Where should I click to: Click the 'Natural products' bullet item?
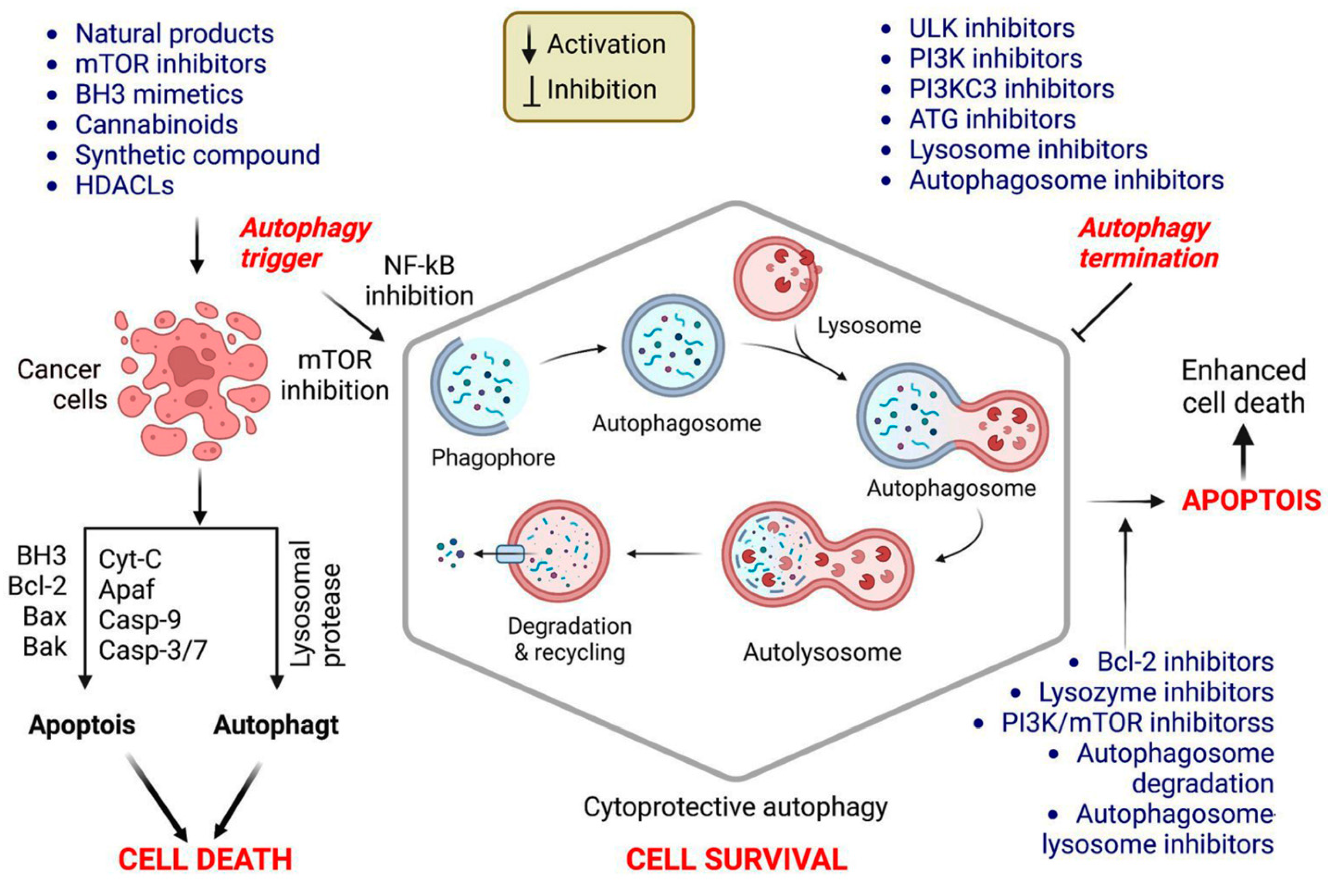click(x=174, y=34)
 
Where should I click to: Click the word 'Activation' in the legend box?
click(x=606, y=44)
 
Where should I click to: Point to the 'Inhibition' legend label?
click(x=601, y=90)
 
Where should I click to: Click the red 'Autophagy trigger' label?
click(x=306, y=243)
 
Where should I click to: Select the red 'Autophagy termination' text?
click(x=1148, y=243)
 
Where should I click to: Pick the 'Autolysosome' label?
click(x=822, y=652)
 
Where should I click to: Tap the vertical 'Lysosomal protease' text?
click(x=317, y=603)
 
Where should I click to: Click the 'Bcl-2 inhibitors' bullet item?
click(x=1185, y=662)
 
